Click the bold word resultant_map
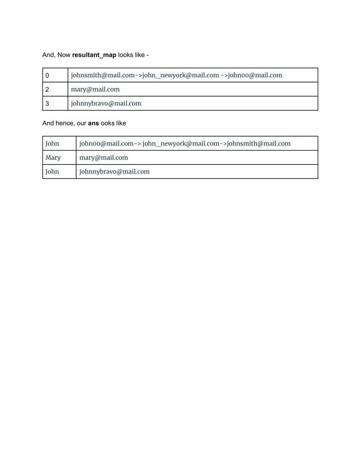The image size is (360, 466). (x=94, y=55)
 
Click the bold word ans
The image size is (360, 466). (x=93, y=123)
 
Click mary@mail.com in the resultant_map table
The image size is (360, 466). (x=95, y=89)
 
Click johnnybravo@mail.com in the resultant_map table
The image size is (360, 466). (x=106, y=103)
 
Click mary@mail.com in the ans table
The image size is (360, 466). (x=103, y=158)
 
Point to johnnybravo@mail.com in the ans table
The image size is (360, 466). (x=114, y=171)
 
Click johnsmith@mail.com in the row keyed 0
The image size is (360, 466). (x=102, y=75)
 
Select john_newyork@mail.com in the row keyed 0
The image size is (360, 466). (x=180, y=75)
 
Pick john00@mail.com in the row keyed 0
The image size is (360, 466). (x=255, y=75)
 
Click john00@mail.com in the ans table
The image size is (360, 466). (x=106, y=144)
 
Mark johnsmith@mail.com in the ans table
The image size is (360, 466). (x=258, y=144)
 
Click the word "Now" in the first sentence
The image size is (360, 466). (x=64, y=55)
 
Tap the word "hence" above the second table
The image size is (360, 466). (x=65, y=123)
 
